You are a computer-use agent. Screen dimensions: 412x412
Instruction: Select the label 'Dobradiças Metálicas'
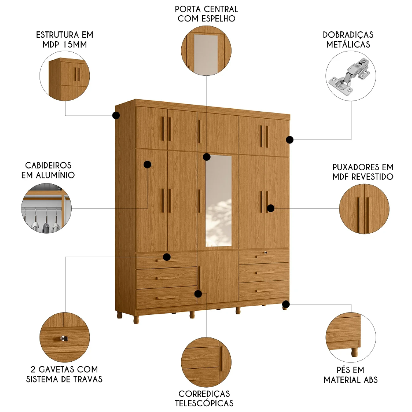(349, 39)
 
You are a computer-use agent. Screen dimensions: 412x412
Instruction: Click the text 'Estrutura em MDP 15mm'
(64, 39)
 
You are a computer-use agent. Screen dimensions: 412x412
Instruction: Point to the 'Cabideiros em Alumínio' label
(48, 170)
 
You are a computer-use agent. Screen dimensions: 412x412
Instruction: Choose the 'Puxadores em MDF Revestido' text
(363, 172)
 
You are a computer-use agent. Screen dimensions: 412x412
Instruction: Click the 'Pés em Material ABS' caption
(350, 375)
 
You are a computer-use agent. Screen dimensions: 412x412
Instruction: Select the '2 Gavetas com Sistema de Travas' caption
(64, 374)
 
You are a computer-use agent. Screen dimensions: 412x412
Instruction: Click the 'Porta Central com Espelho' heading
(206, 14)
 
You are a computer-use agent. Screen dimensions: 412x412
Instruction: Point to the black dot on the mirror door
(206, 157)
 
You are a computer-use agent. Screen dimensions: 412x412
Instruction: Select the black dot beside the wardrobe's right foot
(286, 304)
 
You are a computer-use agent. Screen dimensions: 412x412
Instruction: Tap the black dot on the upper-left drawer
(167, 257)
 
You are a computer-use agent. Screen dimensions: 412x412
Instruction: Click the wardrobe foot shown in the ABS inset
(353, 351)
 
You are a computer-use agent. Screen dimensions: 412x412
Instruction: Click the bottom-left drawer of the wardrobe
(166, 298)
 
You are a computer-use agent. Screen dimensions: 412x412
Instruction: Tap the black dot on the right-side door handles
(271, 208)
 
